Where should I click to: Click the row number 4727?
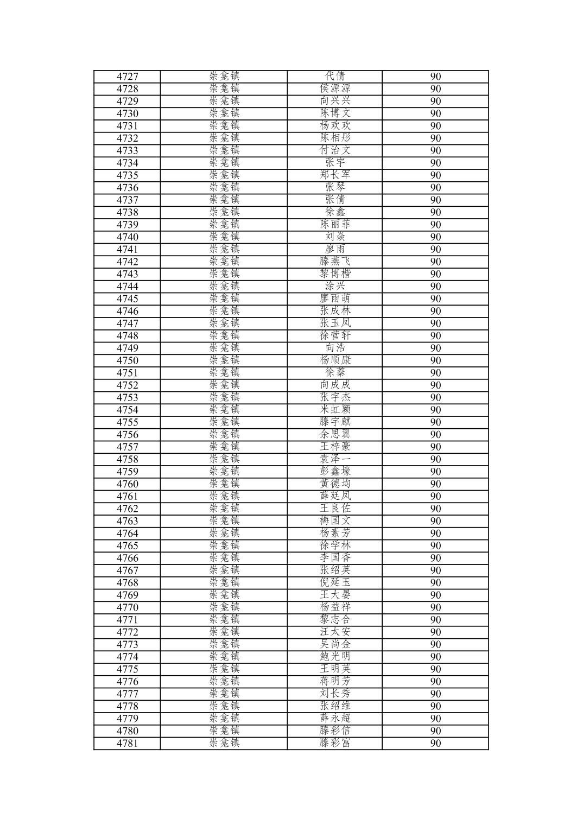128,77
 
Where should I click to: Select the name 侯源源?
335,88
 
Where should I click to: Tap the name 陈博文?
335,113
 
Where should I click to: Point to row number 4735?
128,175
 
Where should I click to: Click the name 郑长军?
335,175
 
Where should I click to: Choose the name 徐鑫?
335,212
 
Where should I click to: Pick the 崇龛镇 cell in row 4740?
224,237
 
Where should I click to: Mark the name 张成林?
335,311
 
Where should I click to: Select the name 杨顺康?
335,360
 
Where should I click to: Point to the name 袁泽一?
335,459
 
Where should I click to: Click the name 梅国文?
335,521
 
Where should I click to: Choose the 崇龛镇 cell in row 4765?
224,545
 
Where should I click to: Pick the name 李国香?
335,558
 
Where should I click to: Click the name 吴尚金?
335,644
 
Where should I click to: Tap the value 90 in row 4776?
435,682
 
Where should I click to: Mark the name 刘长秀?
335,694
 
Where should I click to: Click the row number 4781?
128,744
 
